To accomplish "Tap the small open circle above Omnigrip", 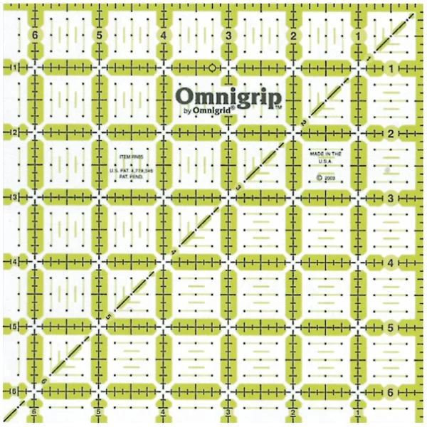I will point(211,67).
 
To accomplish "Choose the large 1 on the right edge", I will point(391,68).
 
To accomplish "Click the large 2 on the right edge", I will point(391,133).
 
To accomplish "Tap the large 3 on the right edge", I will point(391,198).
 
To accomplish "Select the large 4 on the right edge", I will point(391,263).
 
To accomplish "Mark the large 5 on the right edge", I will point(391,327).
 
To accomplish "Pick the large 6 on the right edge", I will point(391,392).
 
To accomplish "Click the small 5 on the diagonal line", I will point(107,316).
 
